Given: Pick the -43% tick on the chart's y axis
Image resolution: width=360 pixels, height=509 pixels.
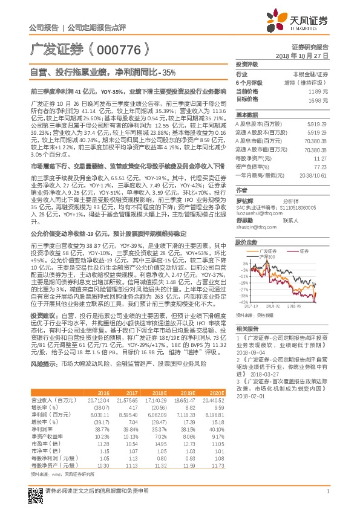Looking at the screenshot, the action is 241,302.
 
